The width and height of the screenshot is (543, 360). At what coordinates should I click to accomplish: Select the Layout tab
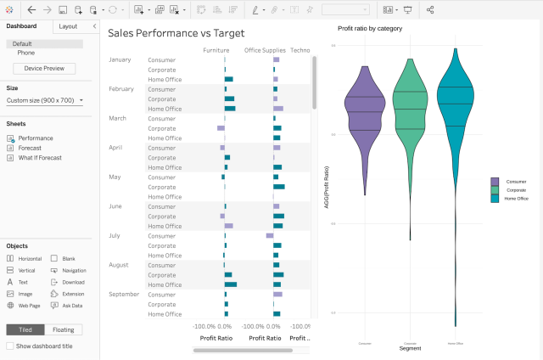68,26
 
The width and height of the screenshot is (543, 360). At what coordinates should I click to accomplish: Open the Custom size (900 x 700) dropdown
46,100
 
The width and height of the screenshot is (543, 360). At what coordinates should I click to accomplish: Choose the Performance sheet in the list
36,138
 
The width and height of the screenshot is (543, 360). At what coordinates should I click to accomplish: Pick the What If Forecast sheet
40,157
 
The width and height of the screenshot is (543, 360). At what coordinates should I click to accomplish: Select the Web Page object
29,305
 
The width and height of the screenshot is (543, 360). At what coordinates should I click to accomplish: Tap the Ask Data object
73,305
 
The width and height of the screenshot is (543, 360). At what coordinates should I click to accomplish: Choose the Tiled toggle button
25,329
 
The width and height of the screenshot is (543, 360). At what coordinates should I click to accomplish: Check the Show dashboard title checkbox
10,346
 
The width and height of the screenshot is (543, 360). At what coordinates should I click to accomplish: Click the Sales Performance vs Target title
176,33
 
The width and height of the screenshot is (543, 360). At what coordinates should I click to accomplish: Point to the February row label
121,89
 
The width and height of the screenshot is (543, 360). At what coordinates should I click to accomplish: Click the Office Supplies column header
265,50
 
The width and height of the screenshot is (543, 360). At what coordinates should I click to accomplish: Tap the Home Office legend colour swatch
494,198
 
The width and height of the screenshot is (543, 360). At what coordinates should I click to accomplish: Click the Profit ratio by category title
370,28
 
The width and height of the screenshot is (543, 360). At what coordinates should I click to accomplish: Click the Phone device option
26,53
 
